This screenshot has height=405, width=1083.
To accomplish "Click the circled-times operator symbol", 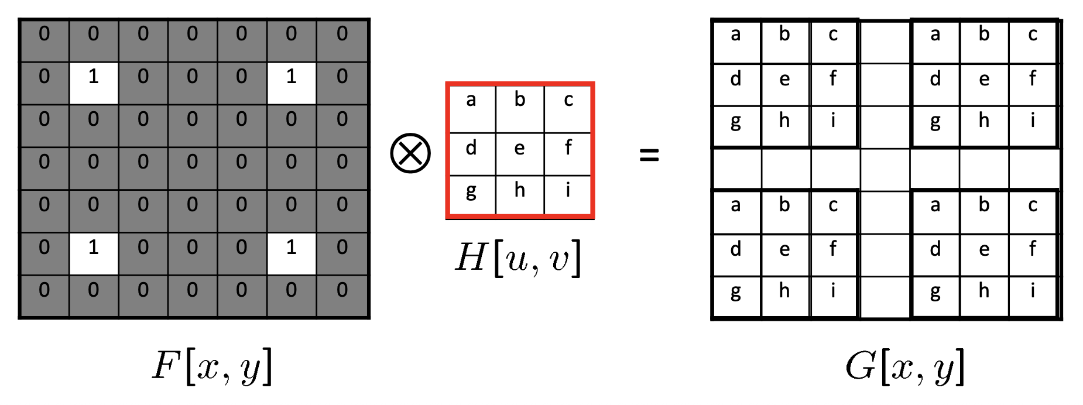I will [410, 153].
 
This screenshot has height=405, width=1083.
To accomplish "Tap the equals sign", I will [649, 155].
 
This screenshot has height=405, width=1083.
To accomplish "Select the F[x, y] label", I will [212, 367].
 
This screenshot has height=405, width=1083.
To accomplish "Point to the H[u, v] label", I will [519, 258].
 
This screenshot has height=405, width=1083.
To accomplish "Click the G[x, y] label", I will [905, 367].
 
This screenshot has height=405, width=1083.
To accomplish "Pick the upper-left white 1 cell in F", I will [94, 83].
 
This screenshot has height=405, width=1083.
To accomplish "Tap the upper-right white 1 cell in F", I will [292, 83].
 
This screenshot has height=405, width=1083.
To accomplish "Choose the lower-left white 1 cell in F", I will [94, 254].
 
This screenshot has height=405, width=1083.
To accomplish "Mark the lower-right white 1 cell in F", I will [292, 254].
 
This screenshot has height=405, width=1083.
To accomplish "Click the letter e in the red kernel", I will [519, 149].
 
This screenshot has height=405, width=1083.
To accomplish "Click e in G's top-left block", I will [784, 80].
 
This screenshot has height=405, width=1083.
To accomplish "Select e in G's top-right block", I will [984, 80].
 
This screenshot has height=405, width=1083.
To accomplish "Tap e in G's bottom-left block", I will [784, 250].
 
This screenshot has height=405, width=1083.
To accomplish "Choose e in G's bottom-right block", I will [984, 250].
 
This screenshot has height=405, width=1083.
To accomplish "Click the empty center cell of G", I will [885, 169].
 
